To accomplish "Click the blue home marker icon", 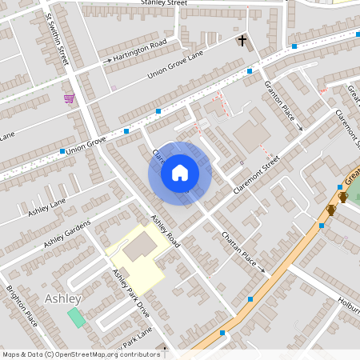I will tap(180, 172).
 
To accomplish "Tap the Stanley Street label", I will tap(163, 3).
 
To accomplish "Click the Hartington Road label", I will tap(141, 50).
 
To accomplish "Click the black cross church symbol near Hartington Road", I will tap(242, 40).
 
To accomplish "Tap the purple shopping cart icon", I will tap(70, 98).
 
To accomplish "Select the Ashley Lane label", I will tap(46, 210).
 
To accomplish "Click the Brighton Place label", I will tap(22, 306).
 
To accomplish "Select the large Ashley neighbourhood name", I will tap(63, 298).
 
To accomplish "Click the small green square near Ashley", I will tap(76, 317).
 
